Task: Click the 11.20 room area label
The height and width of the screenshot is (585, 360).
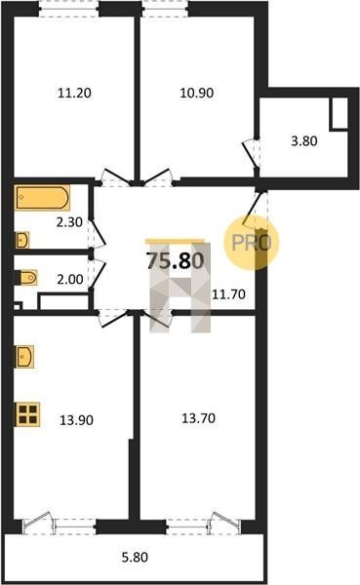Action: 74,93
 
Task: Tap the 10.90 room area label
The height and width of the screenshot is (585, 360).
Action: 196,93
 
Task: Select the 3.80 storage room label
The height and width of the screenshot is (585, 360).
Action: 304,141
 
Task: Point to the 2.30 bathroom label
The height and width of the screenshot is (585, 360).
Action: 69,222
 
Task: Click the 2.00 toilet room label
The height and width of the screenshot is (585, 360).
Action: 70,279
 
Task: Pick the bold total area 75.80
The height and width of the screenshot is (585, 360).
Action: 176,260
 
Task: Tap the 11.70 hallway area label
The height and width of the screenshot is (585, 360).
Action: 228,294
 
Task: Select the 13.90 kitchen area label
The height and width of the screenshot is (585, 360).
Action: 76,420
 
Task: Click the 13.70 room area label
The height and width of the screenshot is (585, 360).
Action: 198,418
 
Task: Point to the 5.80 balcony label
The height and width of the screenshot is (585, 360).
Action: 135,558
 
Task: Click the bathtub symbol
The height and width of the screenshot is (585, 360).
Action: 42,197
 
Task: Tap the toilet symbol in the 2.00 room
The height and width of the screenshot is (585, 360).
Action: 27,277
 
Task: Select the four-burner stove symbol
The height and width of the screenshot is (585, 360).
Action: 27,414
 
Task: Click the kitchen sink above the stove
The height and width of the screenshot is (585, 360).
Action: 24,357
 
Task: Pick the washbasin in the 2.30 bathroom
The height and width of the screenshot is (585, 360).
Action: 22,240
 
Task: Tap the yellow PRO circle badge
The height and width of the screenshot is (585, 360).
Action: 252,242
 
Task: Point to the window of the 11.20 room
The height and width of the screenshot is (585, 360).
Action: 69,9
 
